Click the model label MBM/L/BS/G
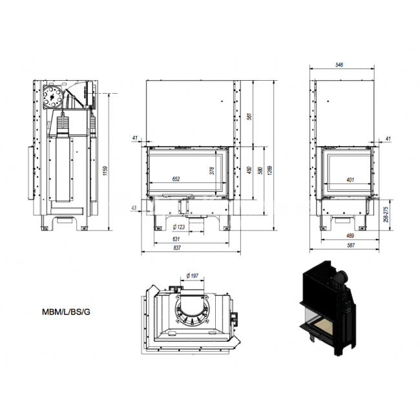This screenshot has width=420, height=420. tap(66, 312)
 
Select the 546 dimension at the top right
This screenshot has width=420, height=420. tap(339, 65)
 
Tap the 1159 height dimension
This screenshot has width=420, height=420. tap(105, 171)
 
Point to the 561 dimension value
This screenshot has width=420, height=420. tap(249, 116)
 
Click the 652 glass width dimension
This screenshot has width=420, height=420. tap(176, 179)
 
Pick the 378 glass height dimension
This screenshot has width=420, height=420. tap(212, 171)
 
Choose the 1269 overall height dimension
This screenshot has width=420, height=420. tap(269, 171)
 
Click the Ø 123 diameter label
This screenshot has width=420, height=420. tap(179, 227)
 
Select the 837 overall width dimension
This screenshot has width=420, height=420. tap(177, 248)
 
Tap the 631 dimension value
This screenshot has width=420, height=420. tap(176, 239)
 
